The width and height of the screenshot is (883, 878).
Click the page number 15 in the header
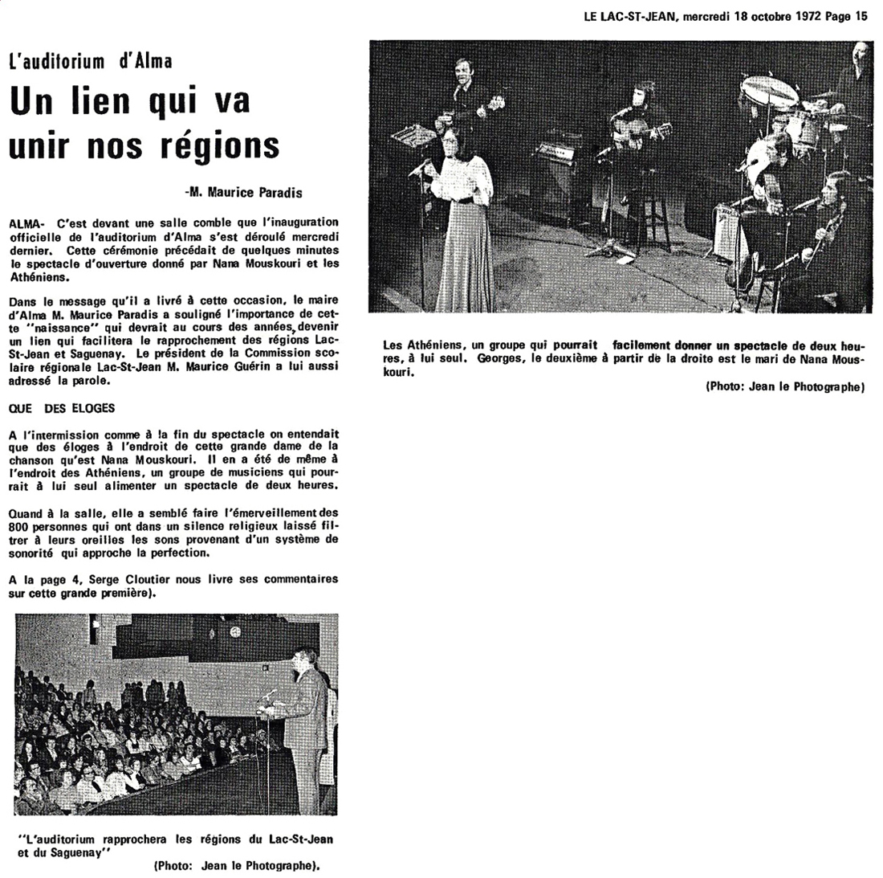pyautogui.click(x=861, y=15)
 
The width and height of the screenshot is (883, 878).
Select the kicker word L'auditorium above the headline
pyautogui.click(x=61, y=61)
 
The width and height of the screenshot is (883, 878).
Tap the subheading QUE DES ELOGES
pyautogui.click(x=62, y=408)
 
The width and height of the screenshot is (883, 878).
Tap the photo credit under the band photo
pyautogui.click(x=784, y=387)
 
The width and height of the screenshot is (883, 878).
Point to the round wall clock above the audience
pyautogui.click(x=235, y=632)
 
